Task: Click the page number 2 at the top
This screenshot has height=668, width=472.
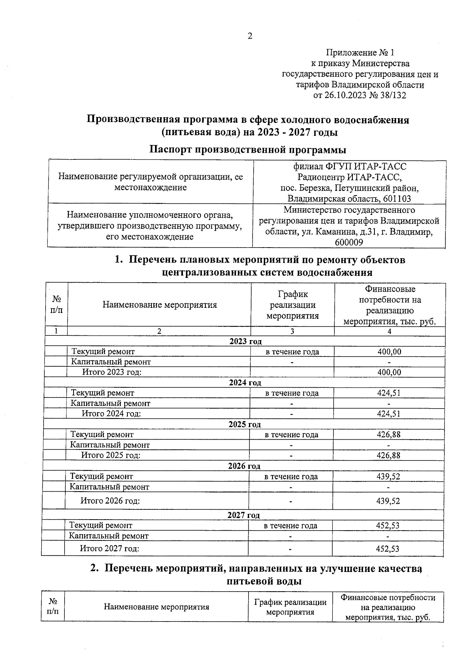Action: [x=249, y=36]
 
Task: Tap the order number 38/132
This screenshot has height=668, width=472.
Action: [x=394, y=95]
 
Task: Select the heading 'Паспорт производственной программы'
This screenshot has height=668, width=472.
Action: [x=248, y=150]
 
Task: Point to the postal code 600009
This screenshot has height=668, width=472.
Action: [x=348, y=242]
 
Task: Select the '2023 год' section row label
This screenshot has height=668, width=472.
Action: [x=245, y=341]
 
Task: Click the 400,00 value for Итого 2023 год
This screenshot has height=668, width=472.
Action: [x=389, y=372]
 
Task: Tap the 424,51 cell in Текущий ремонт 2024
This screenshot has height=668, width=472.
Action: [x=388, y=393]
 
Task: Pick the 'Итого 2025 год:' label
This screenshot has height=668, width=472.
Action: [x=111, y=455]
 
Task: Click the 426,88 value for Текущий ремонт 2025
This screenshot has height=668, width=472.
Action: [x=388, y=435]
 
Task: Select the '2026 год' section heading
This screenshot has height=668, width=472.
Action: [x=244, y=466]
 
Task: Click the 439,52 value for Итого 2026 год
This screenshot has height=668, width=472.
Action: [x=388, y=501]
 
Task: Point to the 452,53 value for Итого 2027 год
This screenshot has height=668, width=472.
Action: [x=387, y=548]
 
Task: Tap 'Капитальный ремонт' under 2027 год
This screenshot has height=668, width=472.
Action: [x=109, y=536]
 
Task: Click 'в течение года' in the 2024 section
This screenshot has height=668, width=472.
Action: [x=291, y=393]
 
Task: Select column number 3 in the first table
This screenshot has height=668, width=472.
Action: [x=292, y=331]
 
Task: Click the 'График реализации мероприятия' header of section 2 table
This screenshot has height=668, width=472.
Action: [x=290, y=607]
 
